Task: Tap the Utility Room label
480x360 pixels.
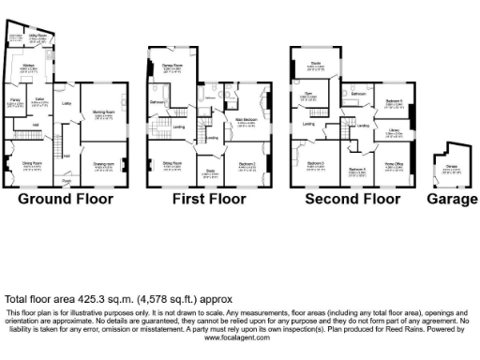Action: pos(37,37)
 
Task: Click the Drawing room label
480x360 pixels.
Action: pos(103,163)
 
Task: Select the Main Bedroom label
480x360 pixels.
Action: pos(247,118)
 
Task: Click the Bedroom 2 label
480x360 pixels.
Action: pos(247,163)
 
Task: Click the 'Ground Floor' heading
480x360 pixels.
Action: pos(67,199)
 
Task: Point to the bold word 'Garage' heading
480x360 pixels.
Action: pos(451,199)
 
